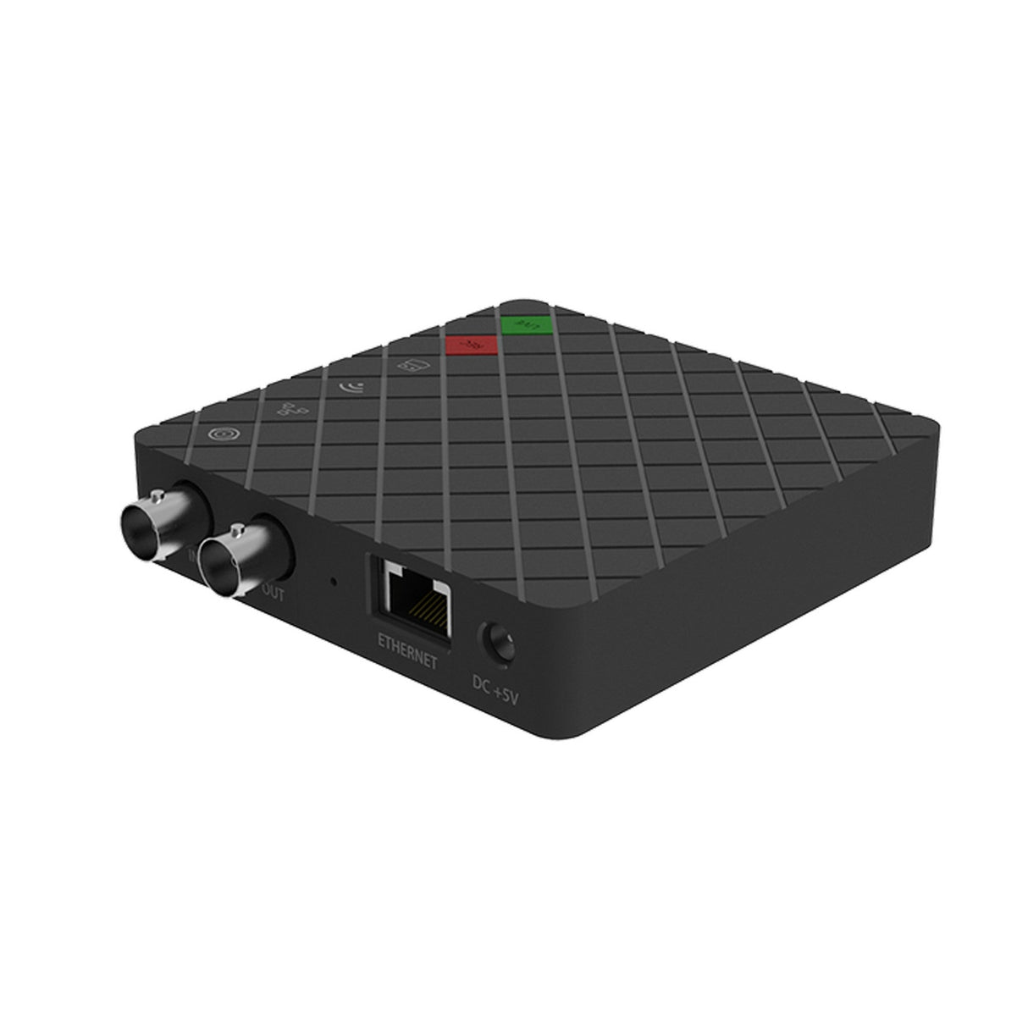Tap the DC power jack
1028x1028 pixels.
click(497, 642)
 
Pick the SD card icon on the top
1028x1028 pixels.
click(405, 365)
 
